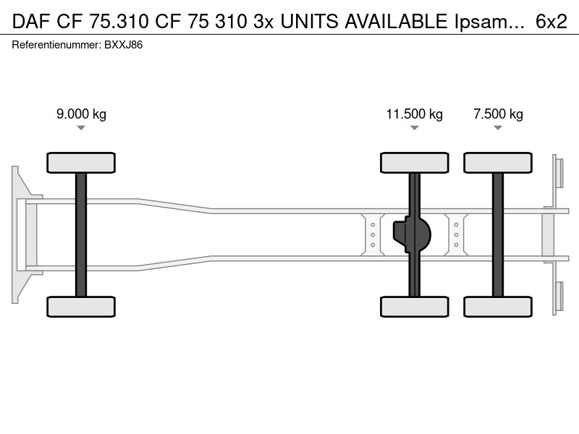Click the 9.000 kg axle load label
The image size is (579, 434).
coord(81,114)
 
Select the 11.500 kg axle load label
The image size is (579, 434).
coord(414,114)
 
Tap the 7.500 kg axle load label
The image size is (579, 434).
coord(498,114)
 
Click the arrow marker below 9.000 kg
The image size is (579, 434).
coord(81,128)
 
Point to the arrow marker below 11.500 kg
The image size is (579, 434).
coord(414,128)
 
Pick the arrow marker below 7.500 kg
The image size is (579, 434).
coord(498,128)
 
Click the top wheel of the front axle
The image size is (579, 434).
coord(81,163)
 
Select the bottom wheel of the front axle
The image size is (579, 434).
coord(81,307)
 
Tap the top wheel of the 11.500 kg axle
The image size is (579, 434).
coord(414,163)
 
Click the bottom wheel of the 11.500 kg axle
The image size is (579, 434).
coord(414,307)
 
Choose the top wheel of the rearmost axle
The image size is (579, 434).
coord(498,163)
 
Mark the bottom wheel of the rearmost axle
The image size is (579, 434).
coord(498,307)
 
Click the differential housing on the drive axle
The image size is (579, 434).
coord(412,234)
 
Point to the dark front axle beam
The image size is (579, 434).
coord(81,234)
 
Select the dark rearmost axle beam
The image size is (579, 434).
coord(498,234)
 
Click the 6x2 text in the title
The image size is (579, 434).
coord(551,22)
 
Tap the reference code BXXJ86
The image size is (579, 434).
coord(123,45)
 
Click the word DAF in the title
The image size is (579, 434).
coord(31,22)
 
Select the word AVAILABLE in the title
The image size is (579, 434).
coord(396,22)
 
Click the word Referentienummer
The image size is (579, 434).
coord(56,45)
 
